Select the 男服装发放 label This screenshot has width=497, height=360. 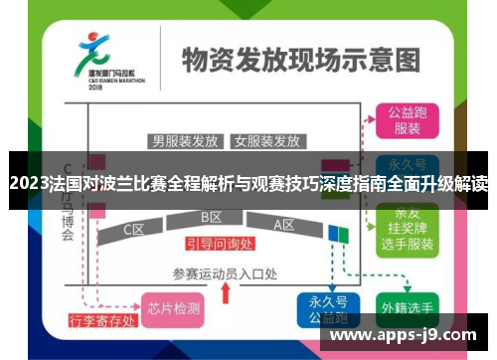185,140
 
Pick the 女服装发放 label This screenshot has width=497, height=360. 266,140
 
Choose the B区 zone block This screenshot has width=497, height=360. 211,218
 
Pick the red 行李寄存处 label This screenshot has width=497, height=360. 100,321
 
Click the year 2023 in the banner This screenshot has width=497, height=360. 28,183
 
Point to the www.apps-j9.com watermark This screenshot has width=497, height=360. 402,335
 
